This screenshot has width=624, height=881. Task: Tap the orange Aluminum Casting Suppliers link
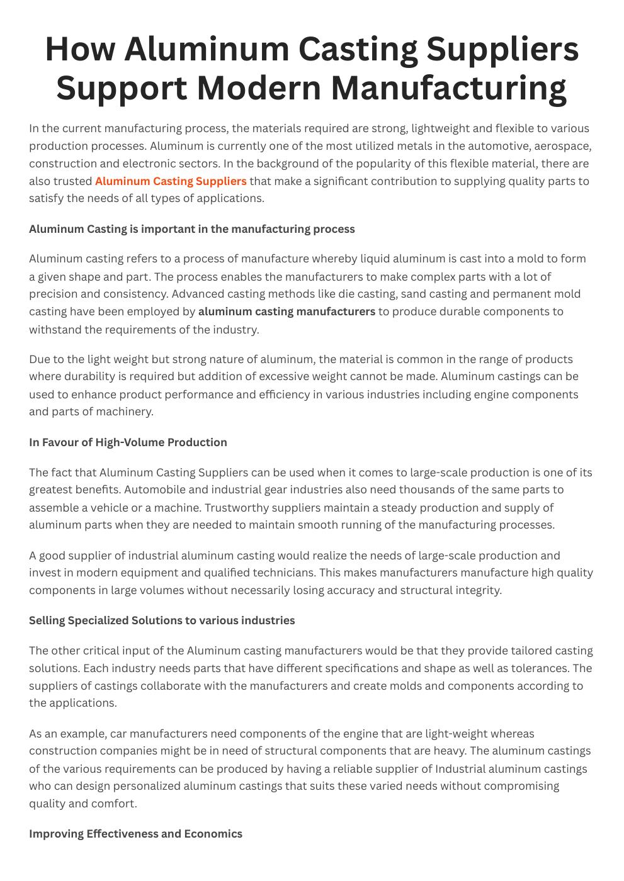(x=171, y=181)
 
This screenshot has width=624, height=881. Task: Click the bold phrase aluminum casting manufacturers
(x=286, y=311)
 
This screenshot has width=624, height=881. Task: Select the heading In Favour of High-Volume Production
(x=128, y=442)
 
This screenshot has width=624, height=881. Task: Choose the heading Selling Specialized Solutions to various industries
(x=162, y=620)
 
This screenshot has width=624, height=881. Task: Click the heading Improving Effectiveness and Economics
(x=135, y=834)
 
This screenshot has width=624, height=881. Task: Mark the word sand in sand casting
(x=414, y=294)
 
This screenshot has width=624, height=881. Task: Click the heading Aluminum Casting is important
(x=191, y=229)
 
